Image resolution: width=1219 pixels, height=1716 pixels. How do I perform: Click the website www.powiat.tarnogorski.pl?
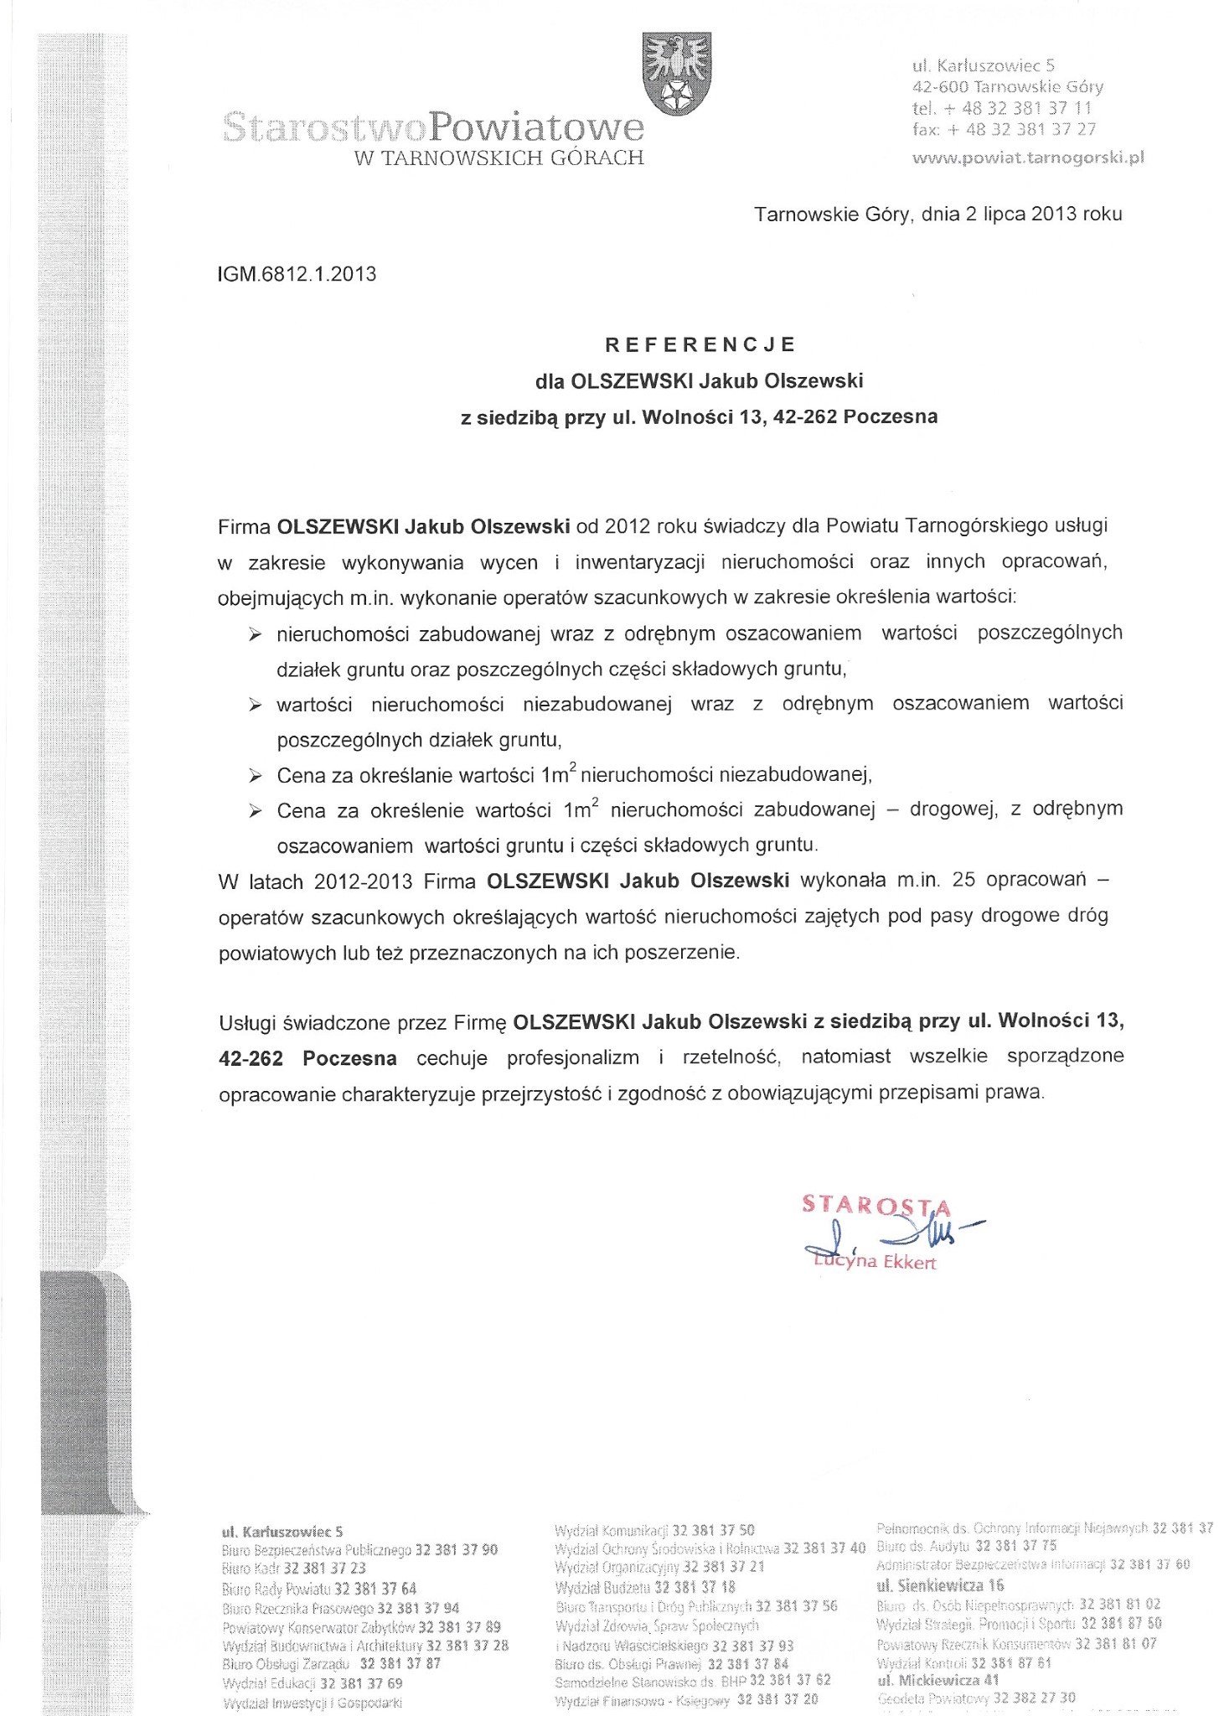point(1027,157)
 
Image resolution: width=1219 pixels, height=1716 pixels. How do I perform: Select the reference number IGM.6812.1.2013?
point(297,274)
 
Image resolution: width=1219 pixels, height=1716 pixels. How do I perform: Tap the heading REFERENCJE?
point(700,344)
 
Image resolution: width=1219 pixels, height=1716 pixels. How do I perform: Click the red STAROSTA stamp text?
point(876,1205)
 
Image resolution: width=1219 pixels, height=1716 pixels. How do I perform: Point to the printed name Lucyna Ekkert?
point(874,1261)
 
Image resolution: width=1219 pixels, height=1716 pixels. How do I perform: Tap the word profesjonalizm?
point(573,1057)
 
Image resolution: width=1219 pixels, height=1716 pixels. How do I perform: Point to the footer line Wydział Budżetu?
point(645,1587)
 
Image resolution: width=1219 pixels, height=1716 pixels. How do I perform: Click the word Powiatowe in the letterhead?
point(535,127)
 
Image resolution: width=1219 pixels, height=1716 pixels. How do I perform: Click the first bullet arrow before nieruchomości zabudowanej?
point(255,634)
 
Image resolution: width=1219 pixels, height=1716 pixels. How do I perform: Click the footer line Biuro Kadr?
point(294,1568)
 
